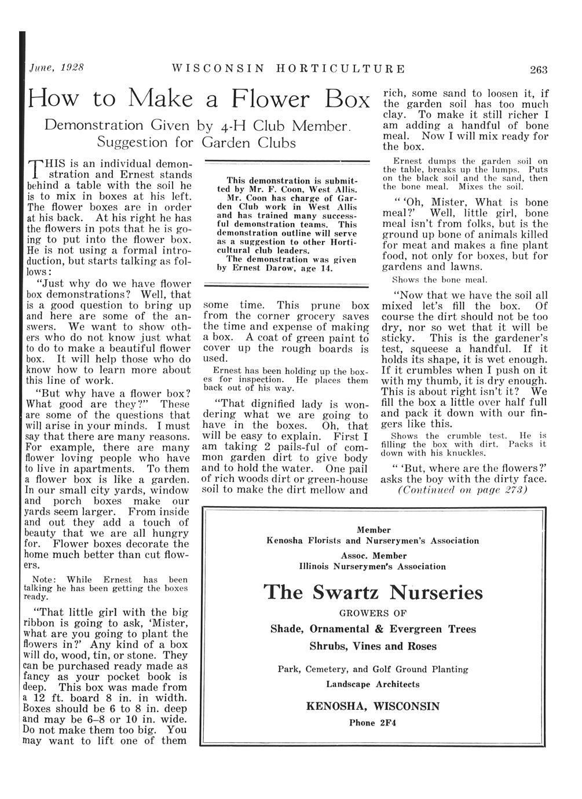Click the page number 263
point(538,70)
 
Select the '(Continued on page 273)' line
point(462,490)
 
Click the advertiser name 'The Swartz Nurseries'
point(373,592)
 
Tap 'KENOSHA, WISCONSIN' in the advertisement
point(372,706)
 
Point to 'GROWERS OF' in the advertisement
point(372,613)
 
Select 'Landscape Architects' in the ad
point(372,684)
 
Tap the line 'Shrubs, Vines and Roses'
point(372,646)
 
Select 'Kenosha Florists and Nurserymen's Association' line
point(372,541)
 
